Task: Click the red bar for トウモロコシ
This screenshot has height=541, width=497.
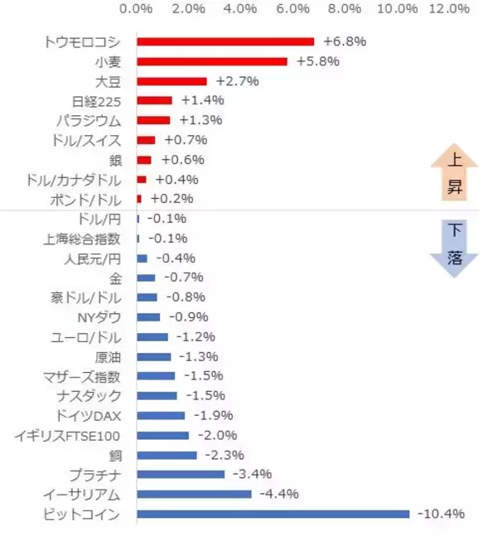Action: [x=225, y=41]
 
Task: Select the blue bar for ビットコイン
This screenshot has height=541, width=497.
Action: [x=273, y=514]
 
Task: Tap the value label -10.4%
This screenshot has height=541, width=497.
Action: [x=441, y=514]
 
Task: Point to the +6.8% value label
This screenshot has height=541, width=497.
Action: [x=345, y=41]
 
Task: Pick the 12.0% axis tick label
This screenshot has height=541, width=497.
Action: [x=449, y=9]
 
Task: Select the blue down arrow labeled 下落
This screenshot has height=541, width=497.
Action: [x=455, y=244]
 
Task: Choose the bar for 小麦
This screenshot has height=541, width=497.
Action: [x=211, y=61]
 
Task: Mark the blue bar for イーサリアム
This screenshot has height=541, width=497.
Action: [x=194, y=495]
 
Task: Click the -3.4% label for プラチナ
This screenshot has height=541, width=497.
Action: [x=253, y=475]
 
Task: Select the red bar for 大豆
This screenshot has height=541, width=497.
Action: [x=171, y=81]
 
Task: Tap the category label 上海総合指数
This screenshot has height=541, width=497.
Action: [x=82, y=239]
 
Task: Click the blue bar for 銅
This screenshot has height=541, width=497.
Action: [x=166, y=455]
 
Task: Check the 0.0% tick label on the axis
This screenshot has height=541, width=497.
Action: [x=137, y=9]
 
